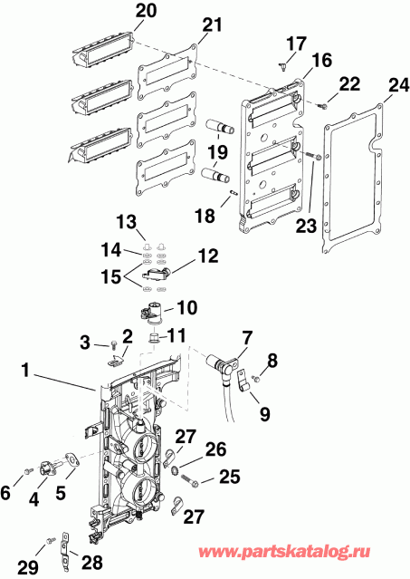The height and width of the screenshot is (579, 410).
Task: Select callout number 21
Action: click(x=211, y=26)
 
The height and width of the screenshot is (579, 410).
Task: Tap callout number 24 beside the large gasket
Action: click(x=393, y=86)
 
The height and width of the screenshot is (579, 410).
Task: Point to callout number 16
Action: click(x=298, y=61)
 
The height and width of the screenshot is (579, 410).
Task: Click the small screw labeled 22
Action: click(x=321, y=107)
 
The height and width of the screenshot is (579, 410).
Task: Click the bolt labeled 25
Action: click(x=187, y=471)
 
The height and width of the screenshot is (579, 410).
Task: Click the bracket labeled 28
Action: click(x=66, y=546)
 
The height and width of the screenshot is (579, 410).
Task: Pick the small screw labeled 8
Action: click(x=256, y=379)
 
